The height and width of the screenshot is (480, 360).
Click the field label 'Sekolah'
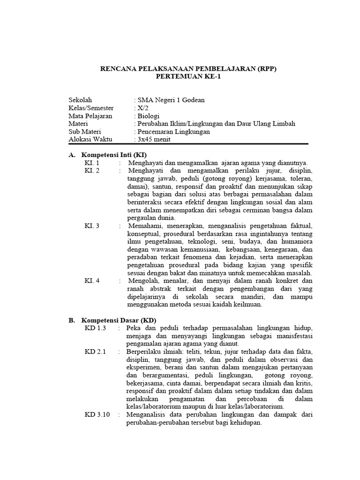click(81, 100)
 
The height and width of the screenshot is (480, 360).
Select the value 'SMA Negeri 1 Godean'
click(170, 100)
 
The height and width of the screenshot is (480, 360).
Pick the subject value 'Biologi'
click(148, 116)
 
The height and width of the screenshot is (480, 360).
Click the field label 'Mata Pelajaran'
click(90, 116)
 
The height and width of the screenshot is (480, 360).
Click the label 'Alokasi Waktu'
click(90, 140)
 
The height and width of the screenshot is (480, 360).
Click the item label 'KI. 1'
click(92, 163)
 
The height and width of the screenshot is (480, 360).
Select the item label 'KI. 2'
click(92, 171)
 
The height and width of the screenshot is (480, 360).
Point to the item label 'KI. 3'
click(92, 226)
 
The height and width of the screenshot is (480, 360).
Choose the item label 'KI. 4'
click(92, 281)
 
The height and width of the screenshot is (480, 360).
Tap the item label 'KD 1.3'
click(95, 328)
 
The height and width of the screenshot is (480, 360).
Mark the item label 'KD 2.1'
click(95, 352)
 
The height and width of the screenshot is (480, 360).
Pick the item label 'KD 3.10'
click(97, 415)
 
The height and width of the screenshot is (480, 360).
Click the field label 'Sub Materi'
click(85, 132)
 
